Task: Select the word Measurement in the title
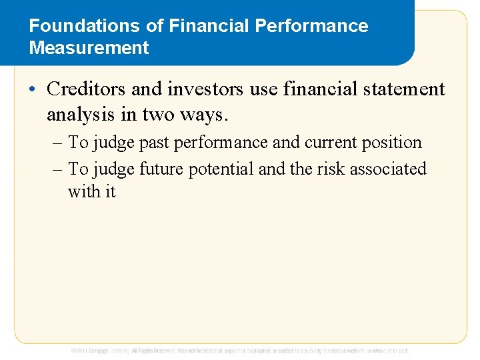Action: pyautogui.click(x=89, y=48)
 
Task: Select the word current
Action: pyautogui.click(x=331, y=143)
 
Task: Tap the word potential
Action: pyautogui.click(x=221, y=169)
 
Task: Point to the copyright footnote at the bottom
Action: pyautogui.click(x=240, y=350)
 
